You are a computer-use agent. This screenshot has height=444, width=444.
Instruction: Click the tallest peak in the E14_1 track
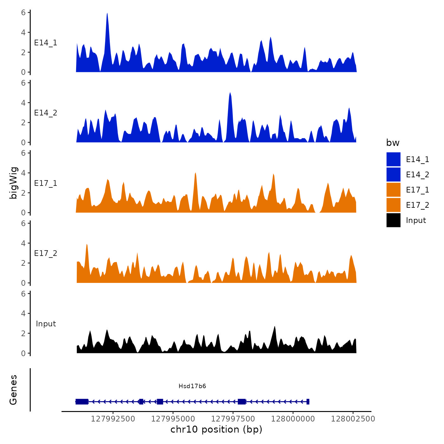click(x=107, y=14)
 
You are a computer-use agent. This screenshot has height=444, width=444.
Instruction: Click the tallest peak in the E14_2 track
click(x=230, y=94)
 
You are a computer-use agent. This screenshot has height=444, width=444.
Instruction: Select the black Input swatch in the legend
click(x=393, y=220)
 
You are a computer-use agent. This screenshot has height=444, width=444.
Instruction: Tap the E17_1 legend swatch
click(x=393, y=190)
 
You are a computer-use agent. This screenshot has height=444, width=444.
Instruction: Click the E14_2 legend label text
click(x=417, y=174)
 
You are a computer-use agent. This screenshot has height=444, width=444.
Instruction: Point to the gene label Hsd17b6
click(x=192, y=386)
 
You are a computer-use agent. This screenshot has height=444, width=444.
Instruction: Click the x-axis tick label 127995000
click(x=173, y=419)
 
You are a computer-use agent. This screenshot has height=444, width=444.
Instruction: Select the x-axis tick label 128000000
click(x=293, y=419)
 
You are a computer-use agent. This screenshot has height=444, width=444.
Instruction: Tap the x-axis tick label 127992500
click(x=113, y=419)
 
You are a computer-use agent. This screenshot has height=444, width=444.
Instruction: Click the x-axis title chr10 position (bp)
click(x=216, y=429)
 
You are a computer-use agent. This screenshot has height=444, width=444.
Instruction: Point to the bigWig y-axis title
click(x=13, y=183)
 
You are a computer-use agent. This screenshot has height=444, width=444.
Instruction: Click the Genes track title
click(x=13, y=390)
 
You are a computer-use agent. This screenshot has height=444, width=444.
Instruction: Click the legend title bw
click(x=393, y=143)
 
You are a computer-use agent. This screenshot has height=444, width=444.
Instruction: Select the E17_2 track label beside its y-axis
click(x=46, y=253)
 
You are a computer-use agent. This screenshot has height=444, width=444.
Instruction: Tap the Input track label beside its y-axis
click(x=46, y=324)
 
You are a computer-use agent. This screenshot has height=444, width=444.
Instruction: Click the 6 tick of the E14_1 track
click(x=23, y=13)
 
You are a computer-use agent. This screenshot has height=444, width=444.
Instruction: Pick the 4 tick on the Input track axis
click(x=23, y=314)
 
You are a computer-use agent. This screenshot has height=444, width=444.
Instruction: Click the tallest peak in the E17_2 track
click(x=87, y=245)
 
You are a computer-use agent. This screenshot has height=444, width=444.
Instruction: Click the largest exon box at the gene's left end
click(x=82, y=402)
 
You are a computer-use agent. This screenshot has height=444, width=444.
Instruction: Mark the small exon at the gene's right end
click(x=308, y=402)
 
